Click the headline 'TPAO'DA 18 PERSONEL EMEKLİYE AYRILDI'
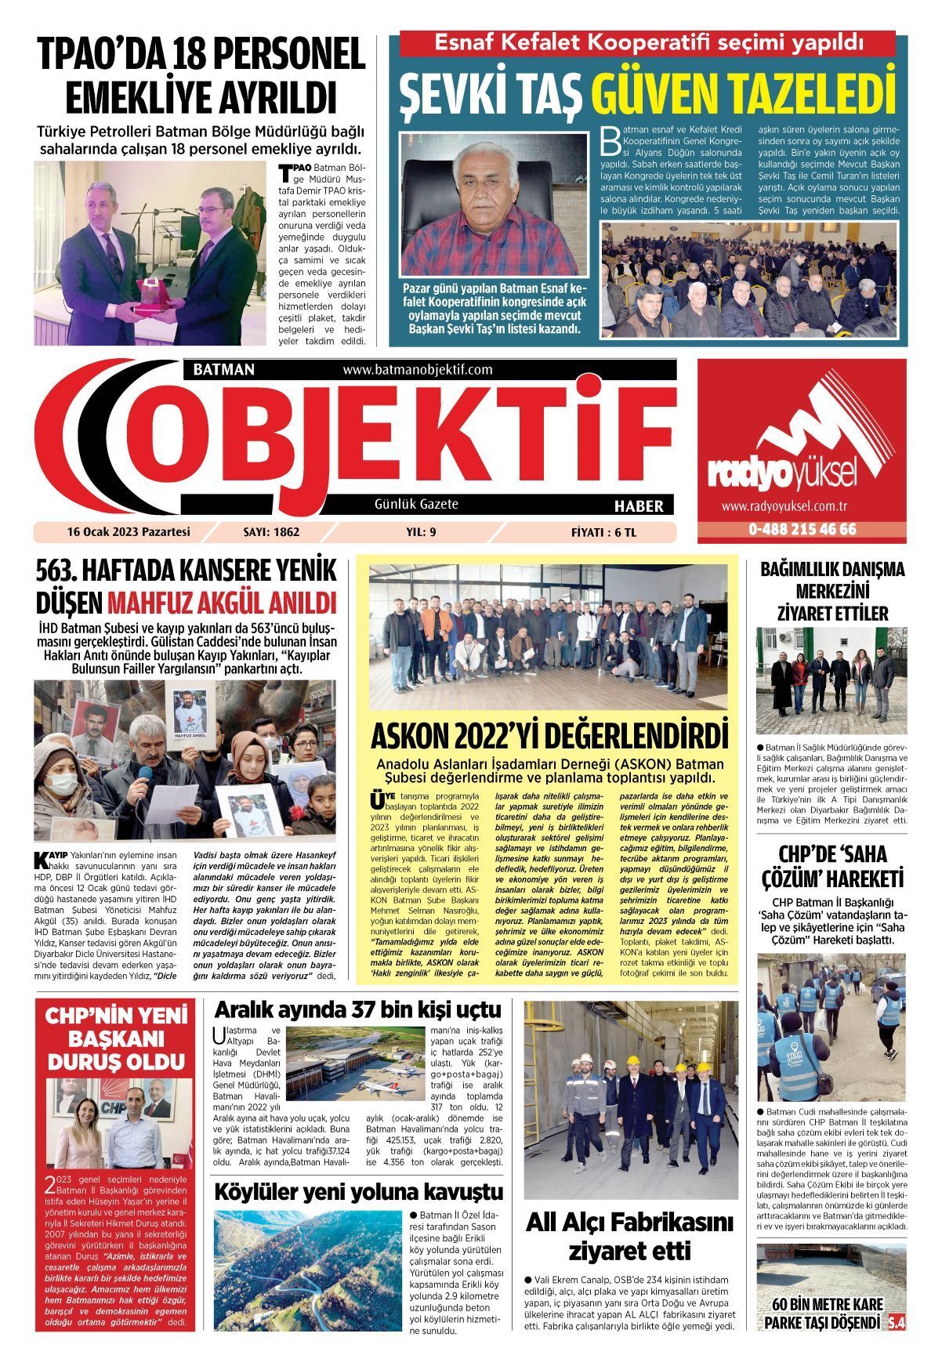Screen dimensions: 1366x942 [202, 76]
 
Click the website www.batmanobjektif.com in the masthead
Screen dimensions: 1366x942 [417, 369]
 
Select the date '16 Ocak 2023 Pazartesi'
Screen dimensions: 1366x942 [129, 532]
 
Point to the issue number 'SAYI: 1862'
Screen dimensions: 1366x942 [272, 532]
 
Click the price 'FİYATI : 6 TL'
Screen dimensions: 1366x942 [603, 532]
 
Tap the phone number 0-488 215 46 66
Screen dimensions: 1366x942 [802, 529]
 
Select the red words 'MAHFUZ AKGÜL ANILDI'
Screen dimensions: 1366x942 [222, 603]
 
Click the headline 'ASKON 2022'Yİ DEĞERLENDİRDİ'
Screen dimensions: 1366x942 [549, 737]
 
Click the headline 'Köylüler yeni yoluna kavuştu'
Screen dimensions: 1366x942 [359, 1192]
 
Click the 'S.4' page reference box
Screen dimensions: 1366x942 [896, 1323]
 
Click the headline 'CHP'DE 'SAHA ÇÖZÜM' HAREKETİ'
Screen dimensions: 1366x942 [831, 867]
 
